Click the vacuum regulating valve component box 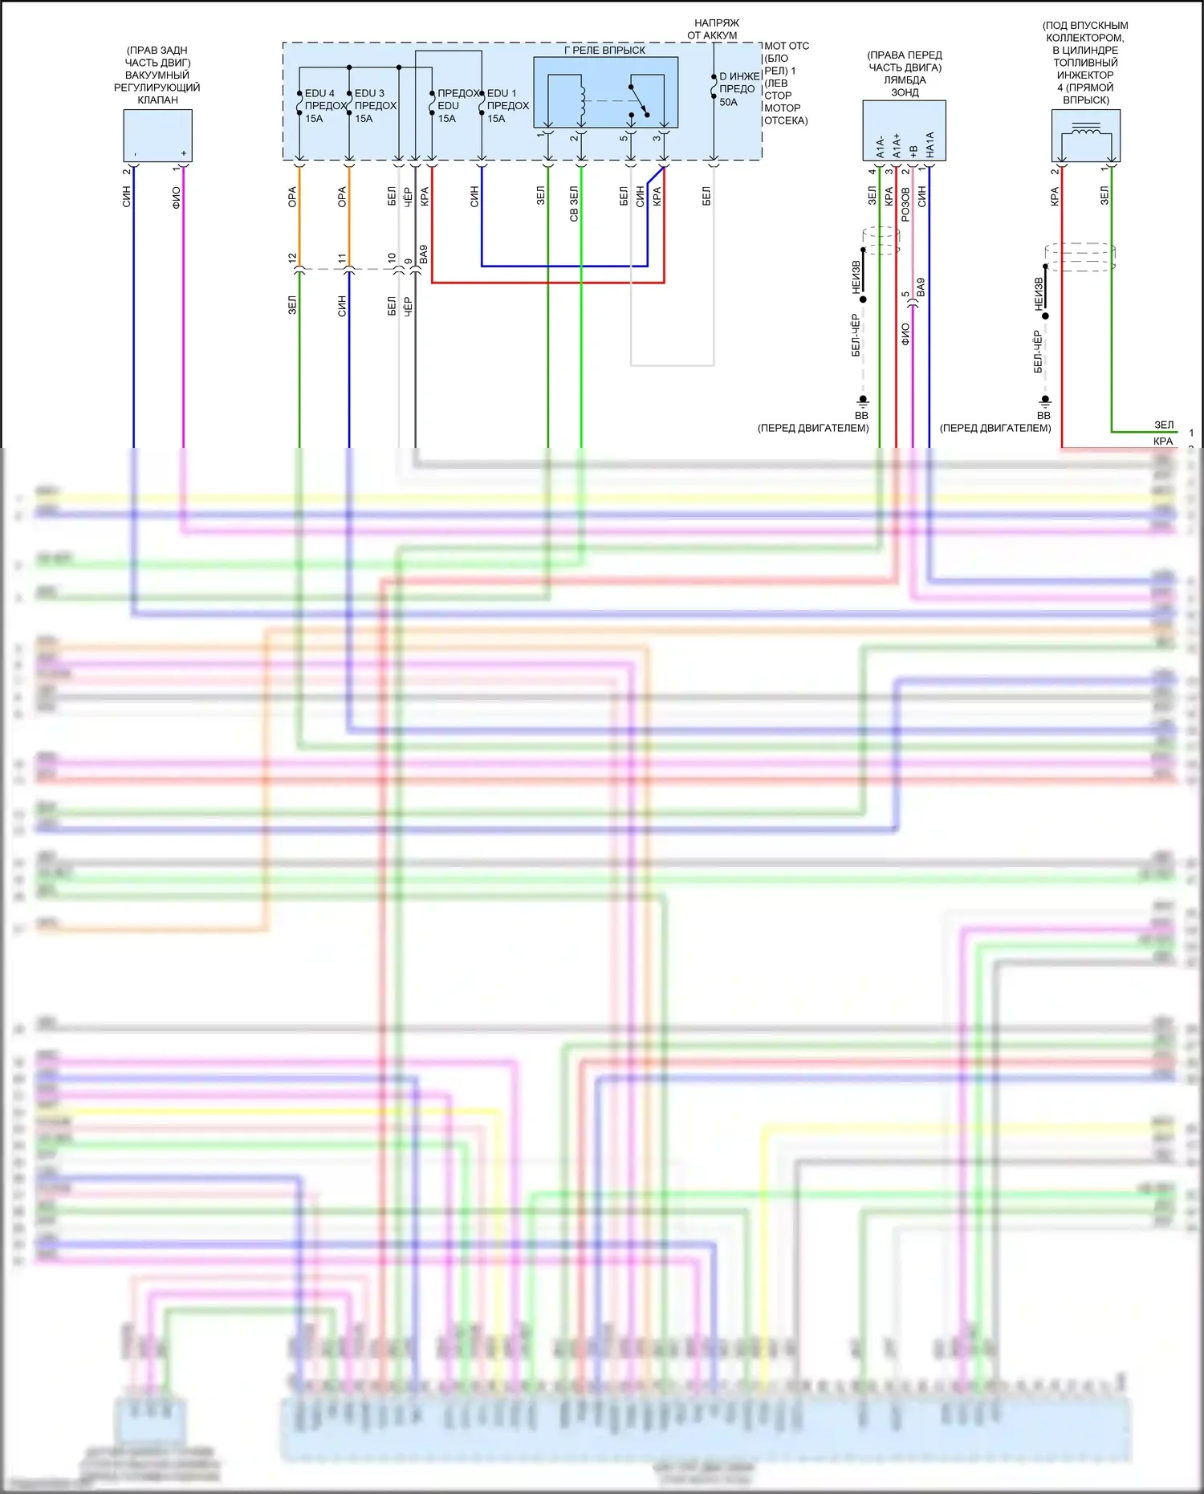(157, 135)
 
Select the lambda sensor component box (904, 130)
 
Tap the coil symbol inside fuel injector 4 (1086, 129)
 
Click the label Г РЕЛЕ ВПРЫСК (604, 50)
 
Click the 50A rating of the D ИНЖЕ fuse (728, 102)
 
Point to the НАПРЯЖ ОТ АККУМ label (714, 29)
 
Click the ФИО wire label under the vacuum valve (177, 197)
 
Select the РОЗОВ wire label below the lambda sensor (905, 205)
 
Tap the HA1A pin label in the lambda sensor (929, 145)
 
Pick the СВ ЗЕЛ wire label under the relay (574, 204)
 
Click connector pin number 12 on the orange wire (292, 258)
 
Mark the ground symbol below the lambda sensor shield (863, 399)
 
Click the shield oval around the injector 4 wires (1080, 257)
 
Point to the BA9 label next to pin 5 (921, 287)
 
